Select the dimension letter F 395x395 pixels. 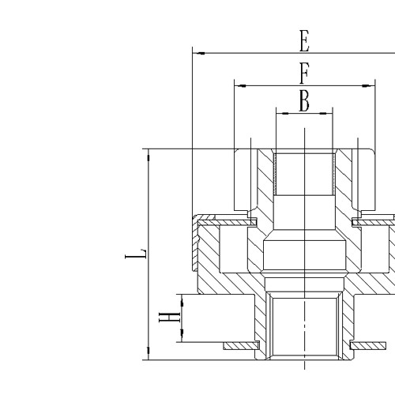[303, 74]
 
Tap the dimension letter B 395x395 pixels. [303, 101]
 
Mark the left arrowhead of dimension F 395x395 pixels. [239, 85]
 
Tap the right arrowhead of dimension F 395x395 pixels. [368, 85]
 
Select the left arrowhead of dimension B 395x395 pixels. [280, 113]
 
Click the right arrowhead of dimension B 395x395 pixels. [327, 113]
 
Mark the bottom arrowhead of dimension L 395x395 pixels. [148, 355]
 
